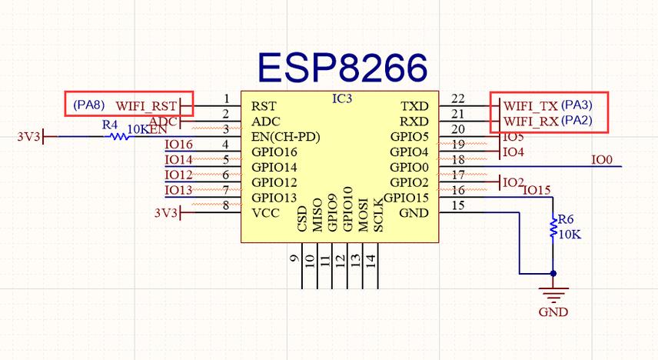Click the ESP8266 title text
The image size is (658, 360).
pyautogui.click(x=341, y=68)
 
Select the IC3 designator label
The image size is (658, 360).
pyautogui.click(x=342, y=99)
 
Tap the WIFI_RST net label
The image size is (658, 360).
pyautogui.click(x=146, y=105)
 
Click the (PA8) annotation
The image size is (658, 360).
pyautogui.click(x=89, y=104)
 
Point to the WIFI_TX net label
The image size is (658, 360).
pyautogui.click(x=530, y=105)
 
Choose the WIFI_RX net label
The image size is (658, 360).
pyautogui.click(x=530, y=122)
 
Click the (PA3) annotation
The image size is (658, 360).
pyautogui.click(x=577, y=105)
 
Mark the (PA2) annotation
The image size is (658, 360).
pyautogui.click(x=577, y=121)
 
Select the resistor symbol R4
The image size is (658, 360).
pyautogui.click(x=118, y=137)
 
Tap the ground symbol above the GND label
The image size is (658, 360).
pyautogui.click(x=553, y=293)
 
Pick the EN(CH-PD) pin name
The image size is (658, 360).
pyautogui.click(x=285, y=137)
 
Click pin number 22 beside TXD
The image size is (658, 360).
pyautogui.click(x=458, y=98)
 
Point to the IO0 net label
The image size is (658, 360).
pyautogui.click(x=602, y=160)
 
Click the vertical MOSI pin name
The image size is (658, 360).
pyautogui.click(x=362, y=215)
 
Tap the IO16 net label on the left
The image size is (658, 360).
pyautogui.click(x=178, y=145)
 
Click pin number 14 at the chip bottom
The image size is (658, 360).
pyautogui.click(x=371, y=259)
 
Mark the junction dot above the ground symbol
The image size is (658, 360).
pyautogui.click(x=553, y=273)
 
